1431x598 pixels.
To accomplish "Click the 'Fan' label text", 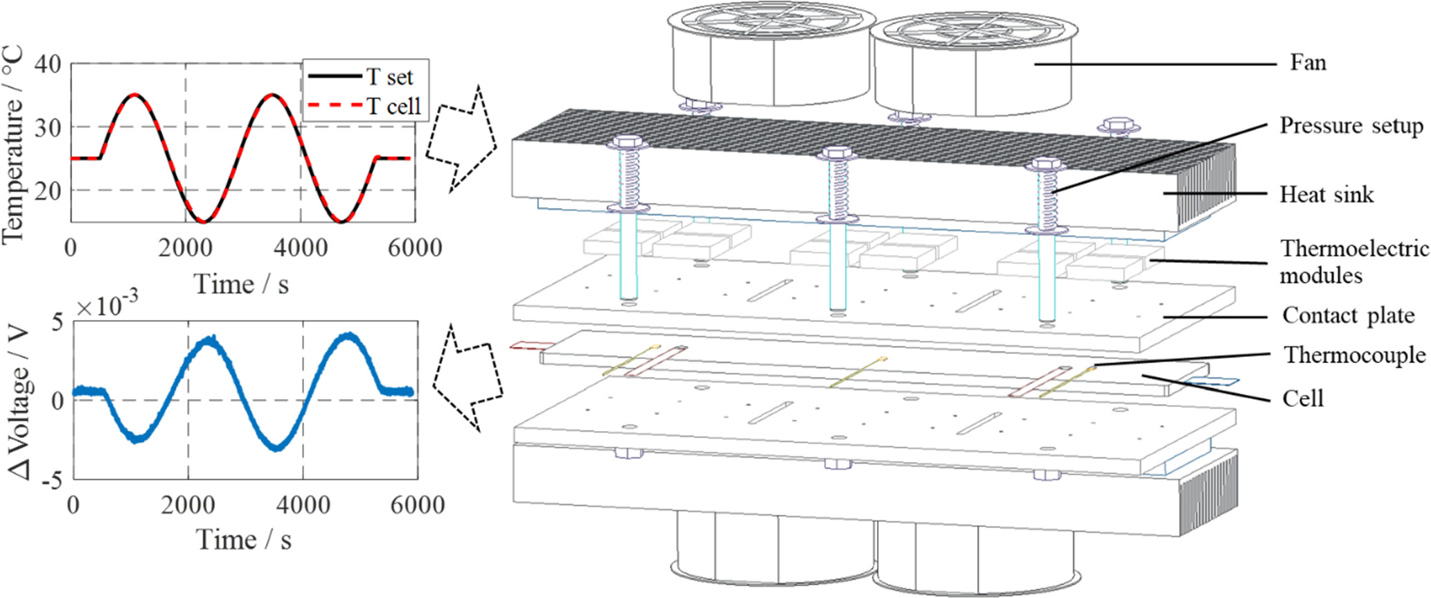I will (x=1308, y=63).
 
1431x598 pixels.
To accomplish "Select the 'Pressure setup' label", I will (x=1351, y=126).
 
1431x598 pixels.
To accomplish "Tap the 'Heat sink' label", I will (x=1326, y=195).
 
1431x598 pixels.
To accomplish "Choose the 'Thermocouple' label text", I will (x=1355, y=355).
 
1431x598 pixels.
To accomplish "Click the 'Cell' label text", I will (x=1303, y=398).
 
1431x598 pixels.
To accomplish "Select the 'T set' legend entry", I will (x=389, y=77).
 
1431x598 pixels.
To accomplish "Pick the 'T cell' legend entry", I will (x=393, y=106).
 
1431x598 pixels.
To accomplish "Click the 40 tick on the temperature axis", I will (x=47, y=64).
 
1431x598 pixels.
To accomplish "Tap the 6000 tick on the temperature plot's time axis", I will (x=414, y=248).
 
